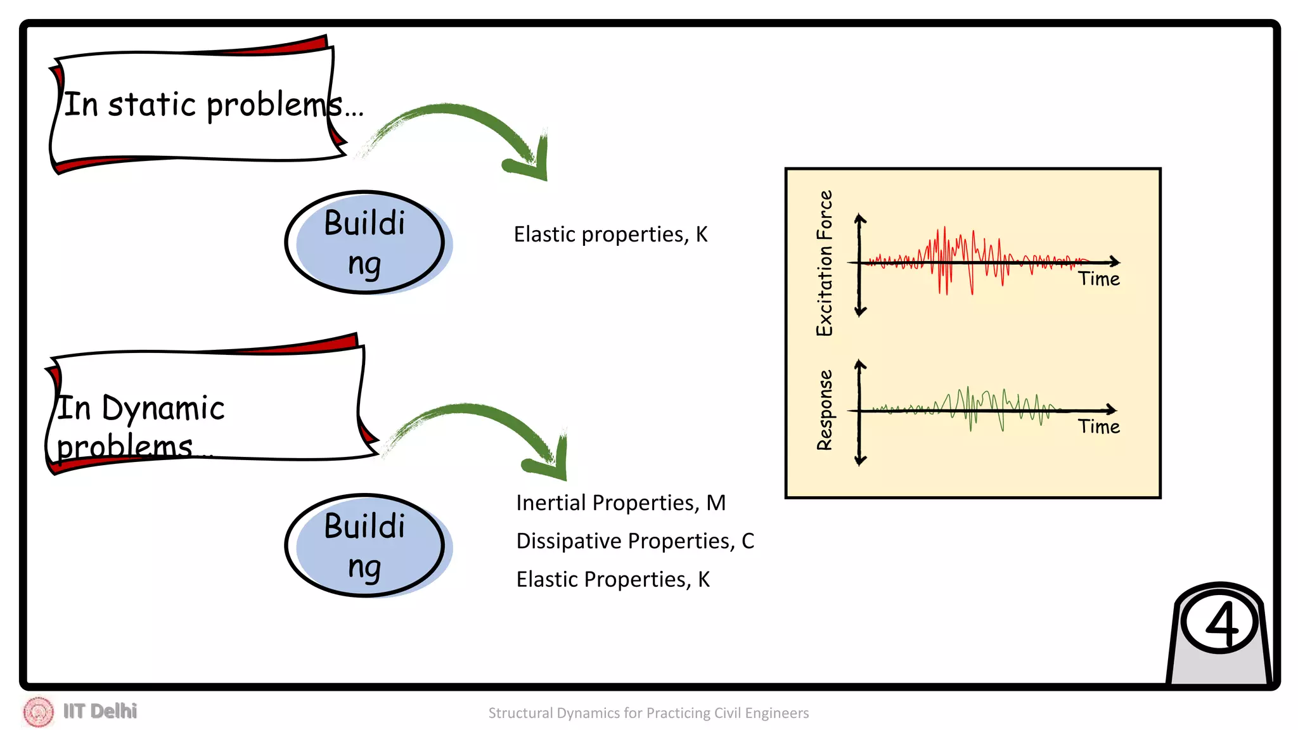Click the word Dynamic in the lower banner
[x=163, y=408]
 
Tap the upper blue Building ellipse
[x=364, y=243]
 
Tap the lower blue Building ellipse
[x=364, y=546]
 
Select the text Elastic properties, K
[x=610, y=234]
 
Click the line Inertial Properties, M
[x=620, y=503]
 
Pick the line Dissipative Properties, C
[x=635, y=541]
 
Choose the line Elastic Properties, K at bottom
[x=612, y=579]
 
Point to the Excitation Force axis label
[x=824, y=263]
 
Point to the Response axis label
[x=824, y=410]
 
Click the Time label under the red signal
[x=1099, y=279]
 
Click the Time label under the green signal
[x=1099, y=426]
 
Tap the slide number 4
[x=1221, y=624]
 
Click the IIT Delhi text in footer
[x=100, y=711]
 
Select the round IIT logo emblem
[x=38, y=712]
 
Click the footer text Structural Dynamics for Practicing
[x=648, y=713]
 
